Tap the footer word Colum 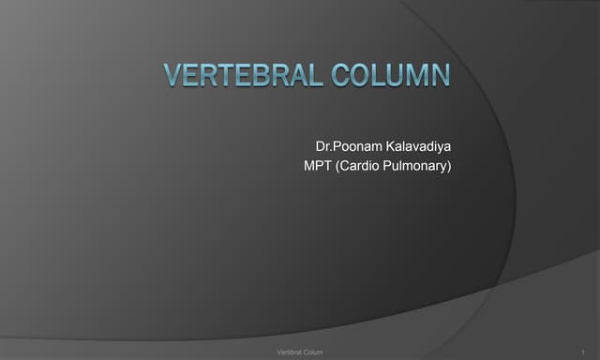coord(315,351)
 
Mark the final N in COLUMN coord(439,75)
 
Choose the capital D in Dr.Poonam coord(321,147)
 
